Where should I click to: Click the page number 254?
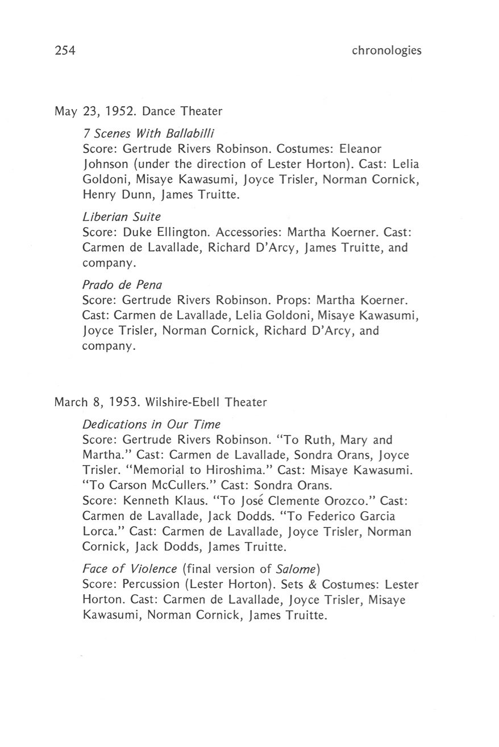tap(65, 51)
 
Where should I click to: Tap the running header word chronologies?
tap(386, 51)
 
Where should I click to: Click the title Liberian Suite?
tap(122, 216)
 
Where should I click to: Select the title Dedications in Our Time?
tap(151, 425)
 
